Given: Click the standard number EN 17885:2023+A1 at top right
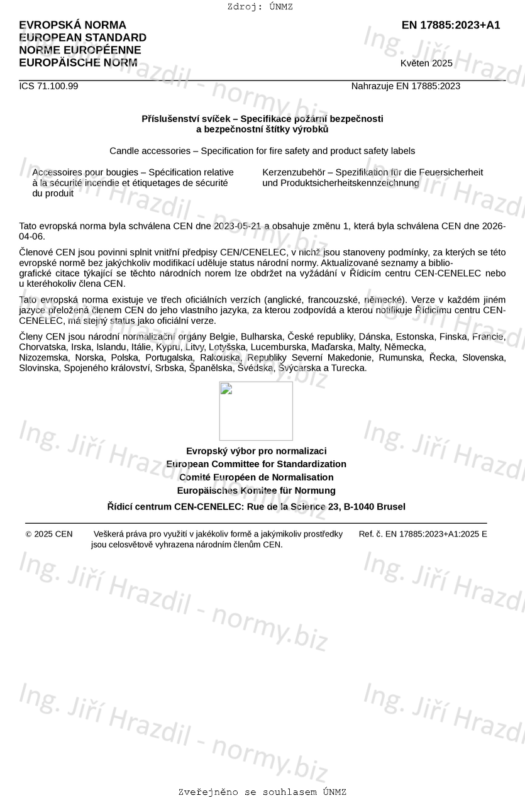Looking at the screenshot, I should point(451,25).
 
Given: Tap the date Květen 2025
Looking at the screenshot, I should point(426,63).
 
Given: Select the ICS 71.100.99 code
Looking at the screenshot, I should point(48,86).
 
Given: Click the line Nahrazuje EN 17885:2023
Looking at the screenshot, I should point(406,86).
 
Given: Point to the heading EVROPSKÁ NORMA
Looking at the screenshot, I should point(72,25).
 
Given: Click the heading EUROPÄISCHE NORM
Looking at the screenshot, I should point(78,63).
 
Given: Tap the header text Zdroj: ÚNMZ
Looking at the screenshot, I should point(260,7).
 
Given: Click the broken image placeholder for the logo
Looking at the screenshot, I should point(256,411).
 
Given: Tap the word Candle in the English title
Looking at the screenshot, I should point(123,151).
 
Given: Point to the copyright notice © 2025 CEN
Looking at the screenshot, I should point(49,534).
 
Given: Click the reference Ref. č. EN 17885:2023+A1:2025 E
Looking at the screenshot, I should point(423,534).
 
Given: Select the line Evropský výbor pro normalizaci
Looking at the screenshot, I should point(257,451).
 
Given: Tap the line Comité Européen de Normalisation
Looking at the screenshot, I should point(257,477).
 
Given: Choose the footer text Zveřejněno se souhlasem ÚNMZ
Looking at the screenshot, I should point(262,792).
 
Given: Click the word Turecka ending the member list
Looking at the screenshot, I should point(348,368).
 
